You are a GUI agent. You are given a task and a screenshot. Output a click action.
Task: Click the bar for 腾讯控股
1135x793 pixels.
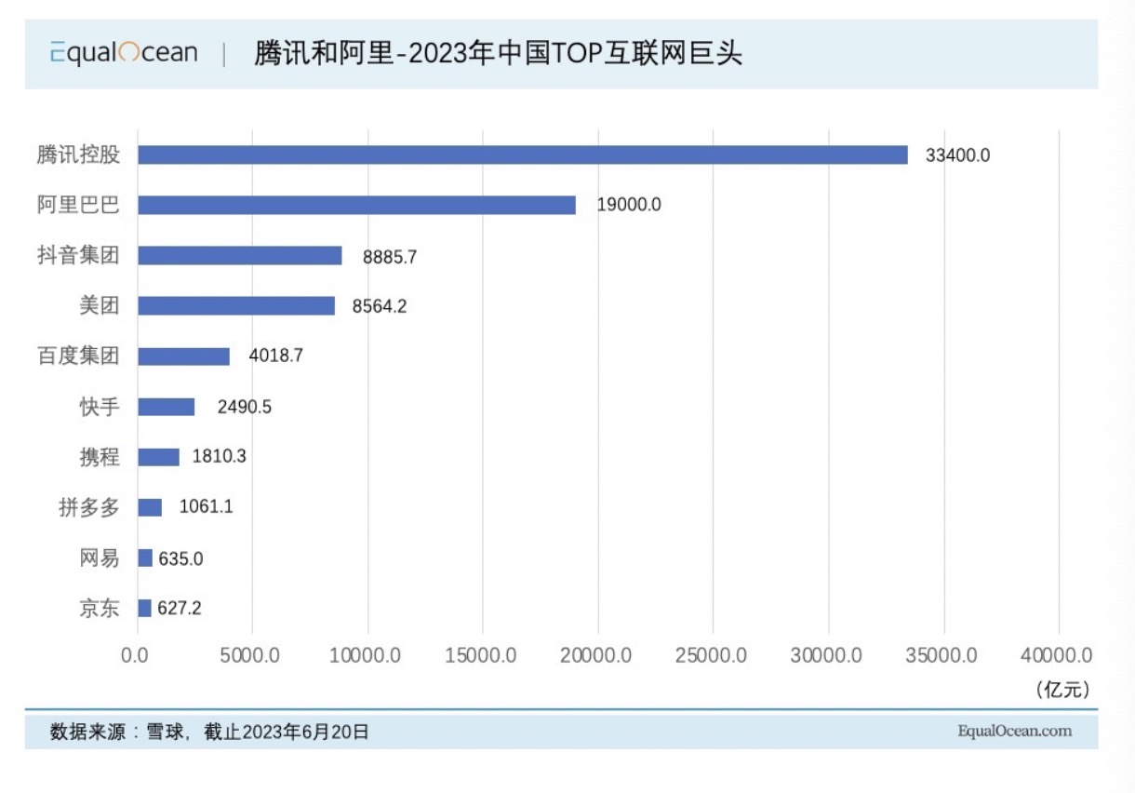pos(522,155)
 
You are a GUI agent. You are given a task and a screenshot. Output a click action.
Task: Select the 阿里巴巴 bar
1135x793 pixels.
pos(356,205)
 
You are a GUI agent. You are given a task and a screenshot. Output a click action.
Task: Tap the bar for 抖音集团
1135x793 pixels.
pos(239,256)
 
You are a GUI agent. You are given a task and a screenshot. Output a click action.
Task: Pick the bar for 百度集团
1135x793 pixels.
pos(183,356)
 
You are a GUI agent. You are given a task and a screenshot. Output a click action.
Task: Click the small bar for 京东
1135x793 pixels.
pos(144,608)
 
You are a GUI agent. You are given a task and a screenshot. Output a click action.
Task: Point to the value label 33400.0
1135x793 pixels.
pos(957,155)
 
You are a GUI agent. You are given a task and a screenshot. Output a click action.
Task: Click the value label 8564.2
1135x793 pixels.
pos(379,306)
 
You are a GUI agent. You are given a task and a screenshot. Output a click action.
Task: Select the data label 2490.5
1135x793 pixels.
pos(244,407)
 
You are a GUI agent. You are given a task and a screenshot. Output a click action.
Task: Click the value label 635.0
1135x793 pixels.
pos(180,558)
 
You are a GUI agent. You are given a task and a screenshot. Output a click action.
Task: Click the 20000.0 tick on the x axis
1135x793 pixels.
pos(597,655)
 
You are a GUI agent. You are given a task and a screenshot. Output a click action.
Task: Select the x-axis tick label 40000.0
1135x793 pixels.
pos(1057,655)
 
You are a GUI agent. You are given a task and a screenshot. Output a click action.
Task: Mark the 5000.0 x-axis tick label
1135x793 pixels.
pos(251,655)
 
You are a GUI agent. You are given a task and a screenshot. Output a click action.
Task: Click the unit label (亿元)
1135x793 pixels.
pos(1061,689)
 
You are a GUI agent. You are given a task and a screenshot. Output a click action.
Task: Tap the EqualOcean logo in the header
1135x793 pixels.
pos(124,53)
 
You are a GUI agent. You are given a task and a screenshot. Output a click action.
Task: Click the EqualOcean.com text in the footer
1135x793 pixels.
pos(1014,732)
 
